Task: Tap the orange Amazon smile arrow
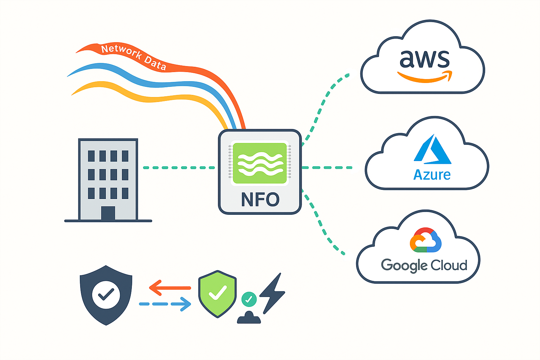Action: coord(424,77)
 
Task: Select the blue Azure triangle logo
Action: coord(432,150)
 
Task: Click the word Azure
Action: coord(432,175)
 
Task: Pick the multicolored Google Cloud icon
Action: coord(425,240)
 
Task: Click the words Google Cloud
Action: coord(424,265)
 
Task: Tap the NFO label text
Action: coord(260,199)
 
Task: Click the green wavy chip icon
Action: coord(260,163)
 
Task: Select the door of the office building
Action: coord(108,213)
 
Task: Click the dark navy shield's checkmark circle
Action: coord(106,294)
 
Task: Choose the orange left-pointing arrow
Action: coord(170,288)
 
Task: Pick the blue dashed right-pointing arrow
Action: coord(165,304)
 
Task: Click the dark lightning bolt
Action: coord(272,294)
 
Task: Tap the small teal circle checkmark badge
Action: coord(249,299)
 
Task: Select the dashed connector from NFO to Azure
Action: coord(327,168)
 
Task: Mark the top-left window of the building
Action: coord(91,156)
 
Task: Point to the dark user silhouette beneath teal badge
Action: coord(249,318)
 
